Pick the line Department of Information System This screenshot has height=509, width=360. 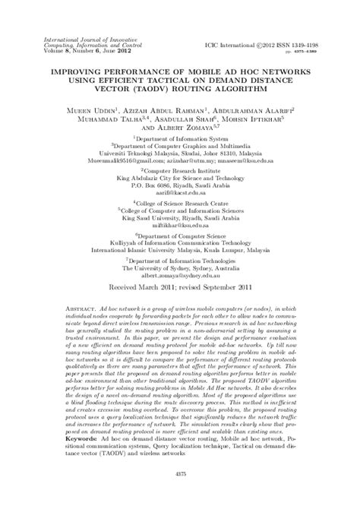pos(179,139)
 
